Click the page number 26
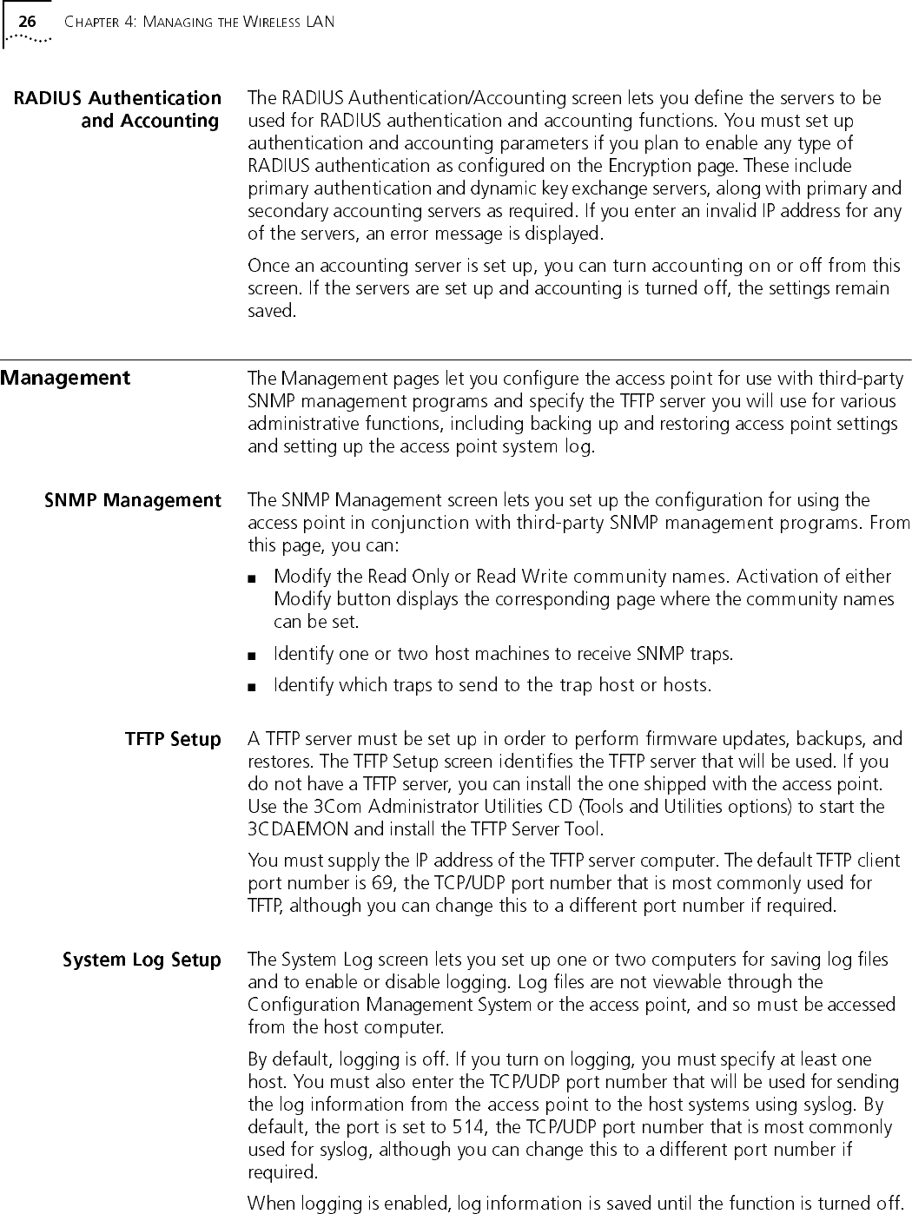[x=27, y=22]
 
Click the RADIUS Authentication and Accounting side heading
[x=117, y=109]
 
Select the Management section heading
[x=65, y=378]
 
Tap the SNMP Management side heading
[x=133, y=500]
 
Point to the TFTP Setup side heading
[x=173, y=739]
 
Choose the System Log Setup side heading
[x=142, y=960]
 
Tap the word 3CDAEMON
[x=296, y=829]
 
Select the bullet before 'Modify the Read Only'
[x=252, y=577]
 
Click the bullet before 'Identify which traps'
[x=252, y=686]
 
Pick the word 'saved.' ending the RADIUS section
[x=272, y=311]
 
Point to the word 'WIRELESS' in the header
[x=270, y=22]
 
